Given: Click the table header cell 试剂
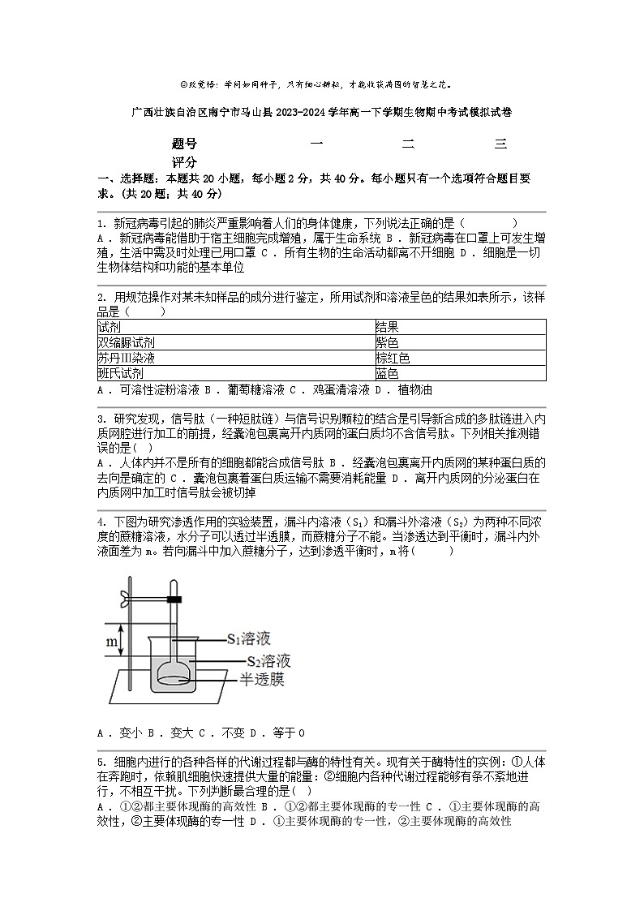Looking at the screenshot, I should point(109,327).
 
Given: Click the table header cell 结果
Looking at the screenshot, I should point(387,327).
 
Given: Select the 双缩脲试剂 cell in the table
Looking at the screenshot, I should point(127,342).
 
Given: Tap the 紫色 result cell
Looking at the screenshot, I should point(387,342).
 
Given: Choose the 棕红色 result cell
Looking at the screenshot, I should point(393,358).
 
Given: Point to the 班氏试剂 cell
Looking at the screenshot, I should point(121,373).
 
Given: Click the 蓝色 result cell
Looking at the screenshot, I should point(387,373).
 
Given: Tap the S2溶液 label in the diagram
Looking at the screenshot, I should point(268,660).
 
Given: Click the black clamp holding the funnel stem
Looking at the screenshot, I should point(173,600).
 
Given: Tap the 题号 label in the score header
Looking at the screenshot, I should point(184,144).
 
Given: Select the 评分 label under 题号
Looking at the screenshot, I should point(184,162).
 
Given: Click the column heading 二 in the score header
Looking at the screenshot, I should point(409,144).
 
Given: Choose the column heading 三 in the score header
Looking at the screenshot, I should point(500,144).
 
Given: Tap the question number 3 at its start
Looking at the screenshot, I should point(100,419).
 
